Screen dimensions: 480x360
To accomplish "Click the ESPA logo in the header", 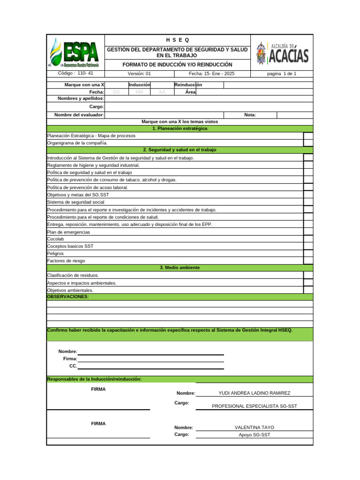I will click(x=75, y=52).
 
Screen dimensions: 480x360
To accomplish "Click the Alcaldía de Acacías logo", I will click(x=282, y=52).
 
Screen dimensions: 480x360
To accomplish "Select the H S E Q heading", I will click(x=178, y=39).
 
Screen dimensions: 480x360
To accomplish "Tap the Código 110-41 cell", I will click(x=75, y=74).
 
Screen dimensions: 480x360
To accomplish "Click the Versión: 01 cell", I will click(x=139, y=74).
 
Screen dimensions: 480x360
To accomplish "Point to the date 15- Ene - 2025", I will click(x=212, y=74).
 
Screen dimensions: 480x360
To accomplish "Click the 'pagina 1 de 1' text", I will click(x=282, y=74).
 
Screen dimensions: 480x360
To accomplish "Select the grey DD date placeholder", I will click(x=117, y=92).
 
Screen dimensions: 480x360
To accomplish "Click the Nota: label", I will click(x=250, y=115).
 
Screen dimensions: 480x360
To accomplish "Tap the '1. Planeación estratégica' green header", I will click(x=180, y=128).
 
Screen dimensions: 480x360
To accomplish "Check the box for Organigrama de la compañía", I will click(x=308, y=143).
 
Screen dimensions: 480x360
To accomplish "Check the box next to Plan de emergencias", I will click(x=308, y=232).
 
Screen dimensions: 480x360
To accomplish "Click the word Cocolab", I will click(x=55, y=239).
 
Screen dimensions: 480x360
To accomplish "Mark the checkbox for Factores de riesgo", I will click(x=308, y=261).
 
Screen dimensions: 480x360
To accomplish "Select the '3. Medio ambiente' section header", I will click(x=180, y=268).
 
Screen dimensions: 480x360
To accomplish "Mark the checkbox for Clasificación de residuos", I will click(x=308, y=275).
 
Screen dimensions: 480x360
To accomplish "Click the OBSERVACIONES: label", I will click(x=68, y=297).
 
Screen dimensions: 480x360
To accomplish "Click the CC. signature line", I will click(x=150, y=367).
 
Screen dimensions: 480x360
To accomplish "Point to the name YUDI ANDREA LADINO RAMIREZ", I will click(x=255, y=393).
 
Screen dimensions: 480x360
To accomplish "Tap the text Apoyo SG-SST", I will click(x=255, y=435).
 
